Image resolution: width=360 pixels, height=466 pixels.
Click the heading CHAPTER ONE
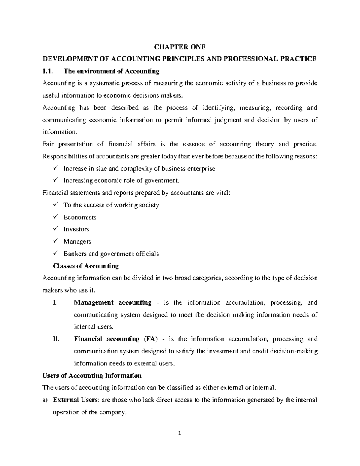coord(180,47)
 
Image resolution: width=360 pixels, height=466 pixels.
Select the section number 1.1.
coord(48,71)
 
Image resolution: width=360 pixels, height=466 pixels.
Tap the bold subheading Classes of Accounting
coord(86,266)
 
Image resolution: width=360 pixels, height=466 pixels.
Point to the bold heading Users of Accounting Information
coord(92,376)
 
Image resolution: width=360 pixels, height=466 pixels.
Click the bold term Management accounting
coord(113,302)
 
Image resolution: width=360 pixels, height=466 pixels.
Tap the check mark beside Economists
coord(55,217)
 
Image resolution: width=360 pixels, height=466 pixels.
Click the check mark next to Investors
coord(55,229)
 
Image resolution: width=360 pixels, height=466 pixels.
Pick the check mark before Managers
coord(55,241)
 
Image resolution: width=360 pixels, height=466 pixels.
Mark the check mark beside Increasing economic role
coord(55,180)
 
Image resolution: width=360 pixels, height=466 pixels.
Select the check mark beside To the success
coord(55,205)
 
